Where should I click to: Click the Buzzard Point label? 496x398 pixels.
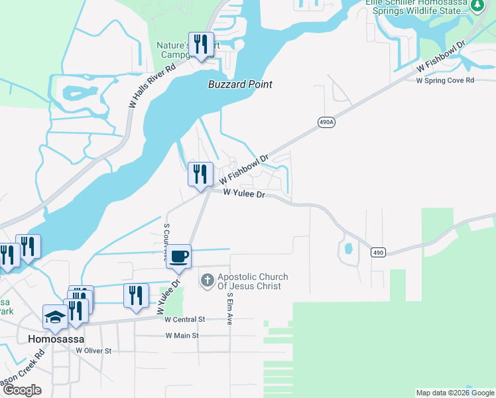240,84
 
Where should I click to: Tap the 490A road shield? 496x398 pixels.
326,123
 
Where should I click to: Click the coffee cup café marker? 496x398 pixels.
179,256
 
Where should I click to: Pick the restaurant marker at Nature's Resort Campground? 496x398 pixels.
201,44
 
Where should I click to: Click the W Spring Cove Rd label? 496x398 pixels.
445,80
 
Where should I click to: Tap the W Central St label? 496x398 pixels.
185,319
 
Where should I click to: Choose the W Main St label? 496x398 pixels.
182,336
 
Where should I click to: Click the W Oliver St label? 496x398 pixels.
93,350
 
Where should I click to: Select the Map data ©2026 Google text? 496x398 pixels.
454,393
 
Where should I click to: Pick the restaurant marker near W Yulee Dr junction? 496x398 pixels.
200,174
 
